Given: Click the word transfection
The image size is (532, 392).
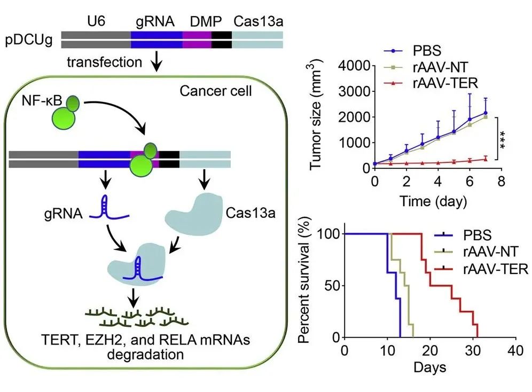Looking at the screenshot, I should [104, 63].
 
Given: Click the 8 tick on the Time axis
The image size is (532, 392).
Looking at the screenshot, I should [500, 182].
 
